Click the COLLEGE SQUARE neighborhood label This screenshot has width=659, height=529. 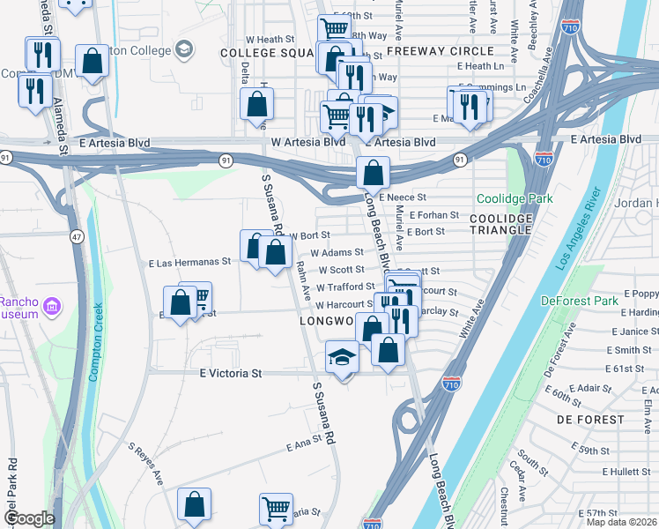tap(265, 53)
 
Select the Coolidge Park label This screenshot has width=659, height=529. tap(515, 198)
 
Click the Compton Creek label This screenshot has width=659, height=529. tap(95, 343)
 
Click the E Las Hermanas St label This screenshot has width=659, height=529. tap(189, 263)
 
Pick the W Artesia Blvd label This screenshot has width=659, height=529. tap(307, 142)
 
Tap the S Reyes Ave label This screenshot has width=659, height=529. tap(146, 464)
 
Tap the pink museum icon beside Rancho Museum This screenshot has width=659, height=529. tap(53, 306)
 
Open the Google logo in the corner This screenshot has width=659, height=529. tap(28, 519)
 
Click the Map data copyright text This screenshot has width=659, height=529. tap(621, 522)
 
